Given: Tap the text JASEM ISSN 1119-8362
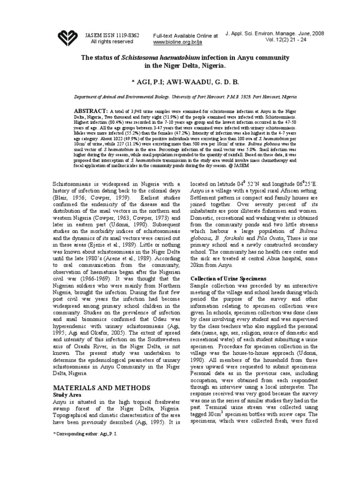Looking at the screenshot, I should click(x=112, y=34).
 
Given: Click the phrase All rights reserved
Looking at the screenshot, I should click(x=112, y=41).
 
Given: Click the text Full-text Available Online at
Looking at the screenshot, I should click(x=186, y=36).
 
